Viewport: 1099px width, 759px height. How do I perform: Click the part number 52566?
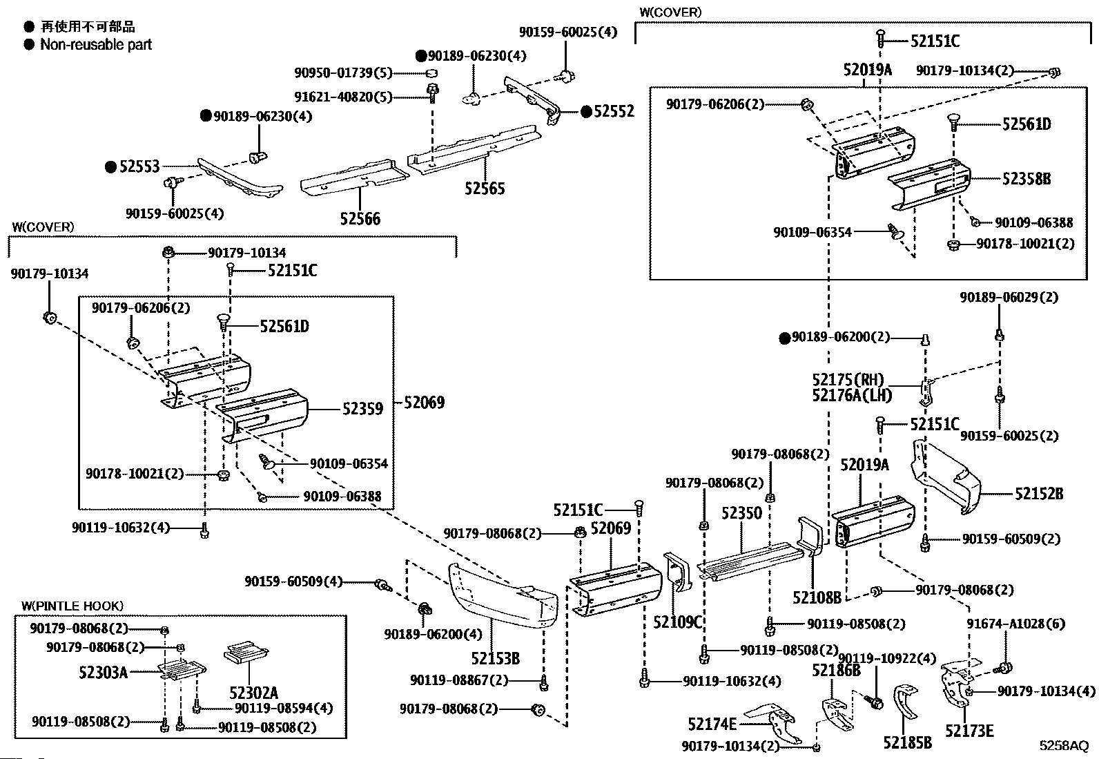point(360,219)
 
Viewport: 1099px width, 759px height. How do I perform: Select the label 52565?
point(485,189)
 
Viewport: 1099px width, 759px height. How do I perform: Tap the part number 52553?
point(139,166)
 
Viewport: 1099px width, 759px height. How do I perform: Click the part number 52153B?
point(496,658)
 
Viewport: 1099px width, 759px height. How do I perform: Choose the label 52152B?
point(1039,494)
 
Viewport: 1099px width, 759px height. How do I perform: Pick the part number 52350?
point(741,513)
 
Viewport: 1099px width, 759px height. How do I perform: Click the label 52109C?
point(677,622)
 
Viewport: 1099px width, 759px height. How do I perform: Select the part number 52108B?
point(817,597)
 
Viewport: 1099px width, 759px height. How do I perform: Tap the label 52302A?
point(253,693)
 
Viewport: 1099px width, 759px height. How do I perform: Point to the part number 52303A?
point(103,671)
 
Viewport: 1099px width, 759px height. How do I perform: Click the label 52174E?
point(712,724)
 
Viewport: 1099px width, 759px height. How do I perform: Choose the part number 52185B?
point(907,742)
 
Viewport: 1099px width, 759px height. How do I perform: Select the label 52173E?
point(969,731)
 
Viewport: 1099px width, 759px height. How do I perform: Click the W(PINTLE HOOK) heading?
point(72,606)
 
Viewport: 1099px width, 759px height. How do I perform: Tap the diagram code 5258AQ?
point(1064,746)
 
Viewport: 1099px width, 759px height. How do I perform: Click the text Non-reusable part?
point(96,45)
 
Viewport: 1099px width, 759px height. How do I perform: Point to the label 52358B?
point(1027,179)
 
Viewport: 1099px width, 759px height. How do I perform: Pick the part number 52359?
point(362,409)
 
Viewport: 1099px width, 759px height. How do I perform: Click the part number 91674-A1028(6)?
point(1015,624)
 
